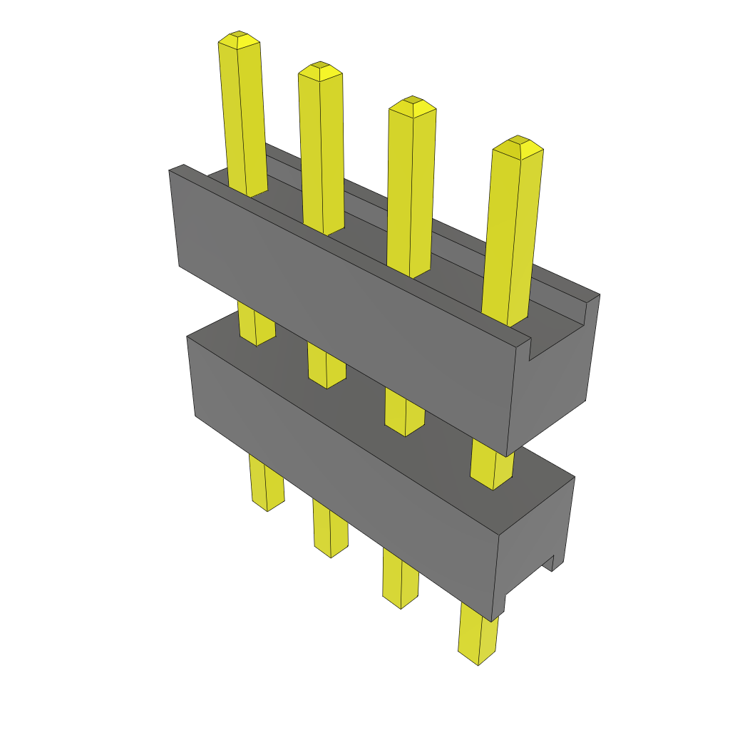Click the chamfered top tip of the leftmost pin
[239, 39]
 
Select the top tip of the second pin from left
[320, 70]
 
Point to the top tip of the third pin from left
[412, 106]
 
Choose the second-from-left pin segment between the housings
[326, 365]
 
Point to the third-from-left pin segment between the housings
[403, 412]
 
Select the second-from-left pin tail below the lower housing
[330, 530]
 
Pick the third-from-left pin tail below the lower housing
[400, 579]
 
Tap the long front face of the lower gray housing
[342, 471]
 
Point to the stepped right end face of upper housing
[556, 378]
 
